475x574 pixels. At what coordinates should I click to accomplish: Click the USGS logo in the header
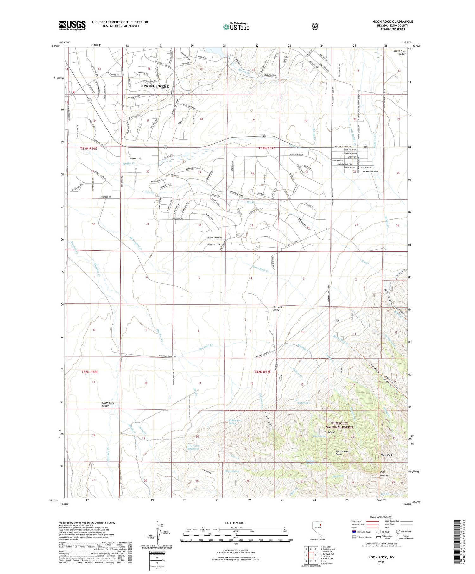[72, 25]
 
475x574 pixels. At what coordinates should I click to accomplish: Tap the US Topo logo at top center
[236, 27]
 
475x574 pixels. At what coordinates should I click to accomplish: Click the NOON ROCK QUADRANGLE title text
[392, 22]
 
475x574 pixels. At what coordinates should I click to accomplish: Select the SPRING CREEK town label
[155, 86]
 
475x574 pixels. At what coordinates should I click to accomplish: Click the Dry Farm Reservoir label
[193, 447]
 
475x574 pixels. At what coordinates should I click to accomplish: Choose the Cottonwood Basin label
[342, 453]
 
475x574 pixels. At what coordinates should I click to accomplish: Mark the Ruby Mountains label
[385, 473]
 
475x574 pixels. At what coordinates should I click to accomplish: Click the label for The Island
[329, 432]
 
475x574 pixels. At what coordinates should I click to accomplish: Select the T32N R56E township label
[89, 372]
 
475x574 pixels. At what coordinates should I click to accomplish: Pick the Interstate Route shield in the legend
[354, 532]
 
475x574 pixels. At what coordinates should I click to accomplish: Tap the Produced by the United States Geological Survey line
[86, 523]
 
